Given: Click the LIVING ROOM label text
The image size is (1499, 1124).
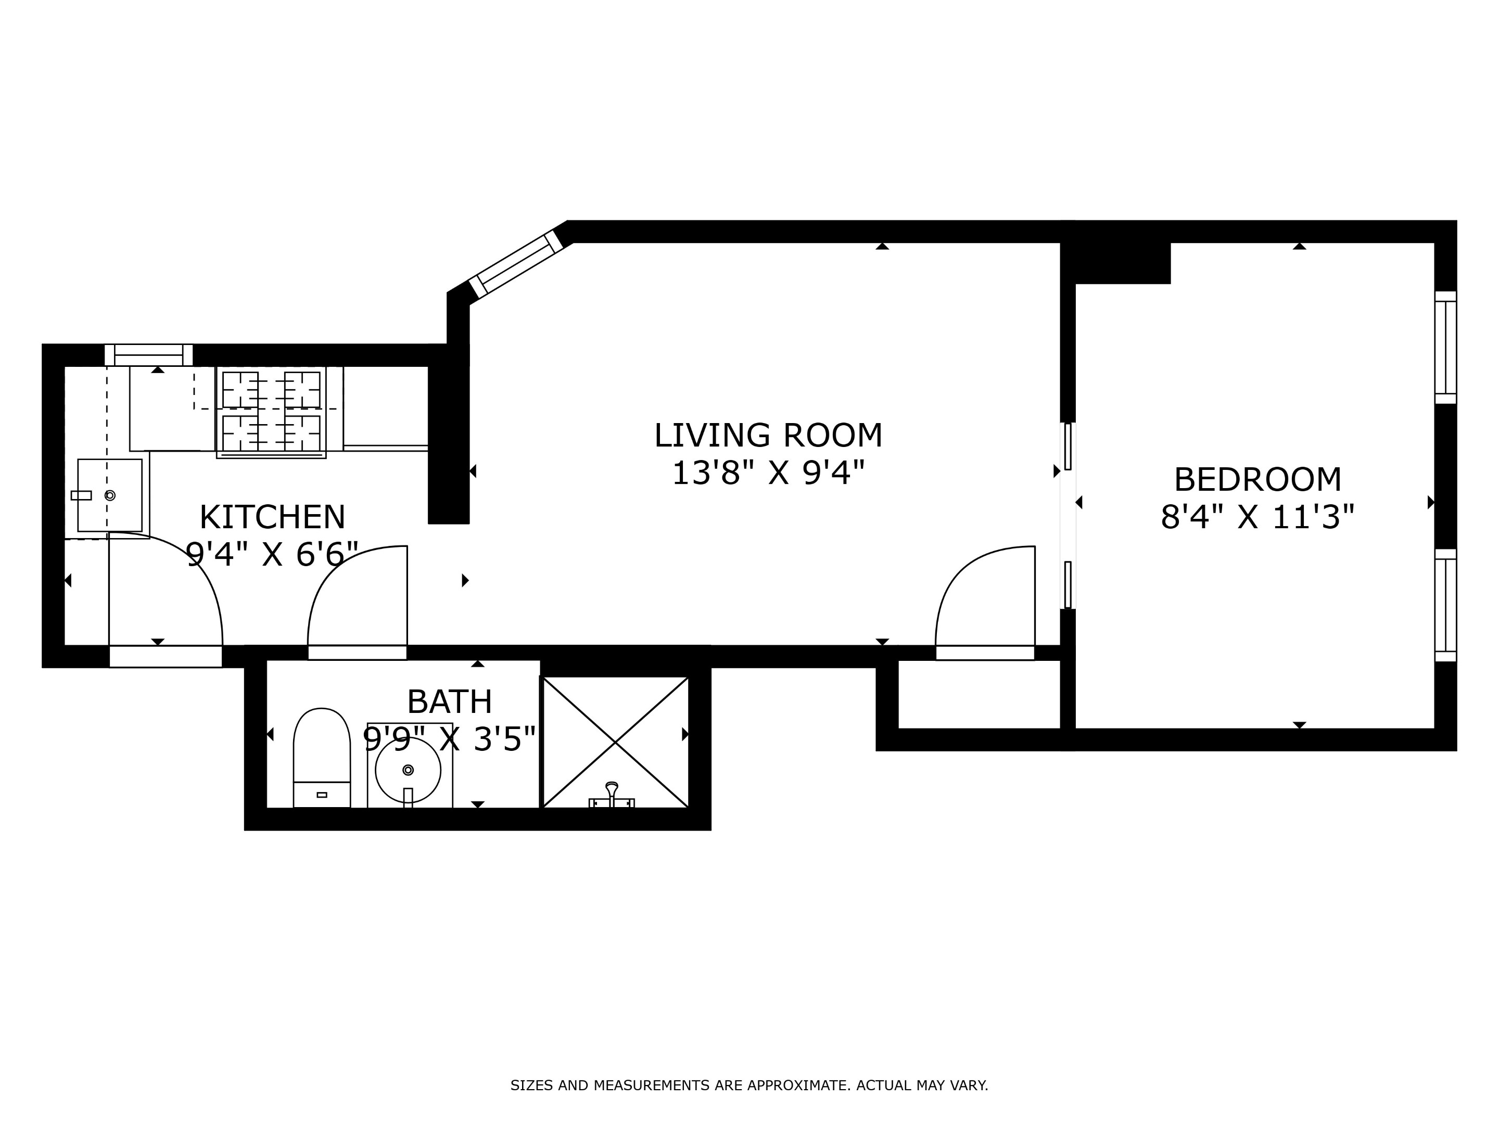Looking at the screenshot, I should (x=768, y=436).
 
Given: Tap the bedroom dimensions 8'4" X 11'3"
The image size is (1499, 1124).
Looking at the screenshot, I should (x=1257, y=518).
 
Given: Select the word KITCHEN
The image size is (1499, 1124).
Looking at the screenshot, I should (x=272, y=518).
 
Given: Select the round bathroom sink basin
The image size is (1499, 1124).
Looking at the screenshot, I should (x=408, y=770).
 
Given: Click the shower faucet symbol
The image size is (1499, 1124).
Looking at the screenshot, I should (x=612, y=796).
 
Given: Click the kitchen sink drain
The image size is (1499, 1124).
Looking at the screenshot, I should (x=110, y=495).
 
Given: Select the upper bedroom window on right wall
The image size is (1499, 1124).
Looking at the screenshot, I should (x=1445, y=348).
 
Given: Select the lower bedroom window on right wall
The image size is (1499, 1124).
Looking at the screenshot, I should (x=1445, y=605).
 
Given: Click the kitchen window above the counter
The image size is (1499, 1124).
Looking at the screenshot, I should (x=148, y=354).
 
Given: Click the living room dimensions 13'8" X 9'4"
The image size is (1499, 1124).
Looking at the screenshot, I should (x=768, y=473).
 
